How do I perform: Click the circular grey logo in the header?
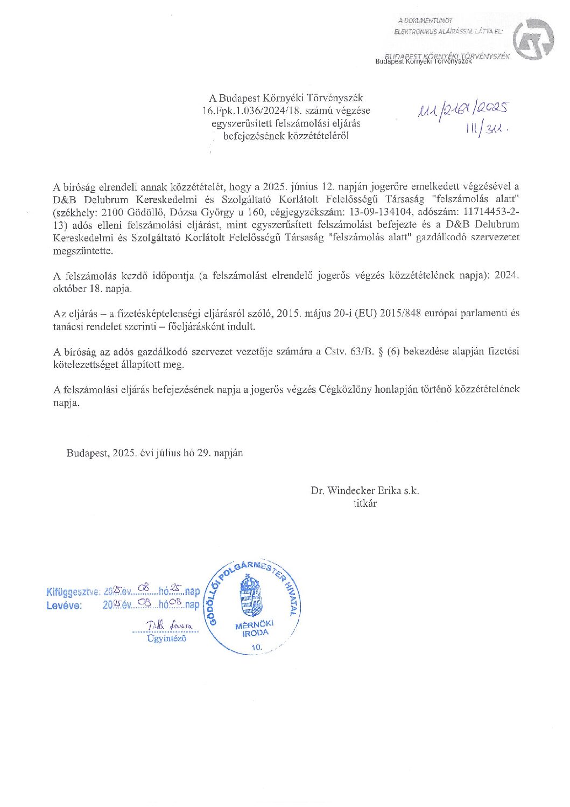[532, 39]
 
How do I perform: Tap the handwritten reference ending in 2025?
[463, 110]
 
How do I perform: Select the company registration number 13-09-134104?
[366, 212]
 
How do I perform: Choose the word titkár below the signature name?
[365, 504]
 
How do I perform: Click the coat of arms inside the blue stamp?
[250, 595]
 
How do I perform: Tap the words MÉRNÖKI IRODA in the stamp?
[255, 629]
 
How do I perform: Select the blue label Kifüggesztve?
[73, 592]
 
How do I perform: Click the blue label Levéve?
[64, 606]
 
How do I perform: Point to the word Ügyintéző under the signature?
[166, 639]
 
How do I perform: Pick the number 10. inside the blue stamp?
[257, 646]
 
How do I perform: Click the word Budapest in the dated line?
[87, 453]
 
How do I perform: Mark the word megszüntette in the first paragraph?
[83, 251]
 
